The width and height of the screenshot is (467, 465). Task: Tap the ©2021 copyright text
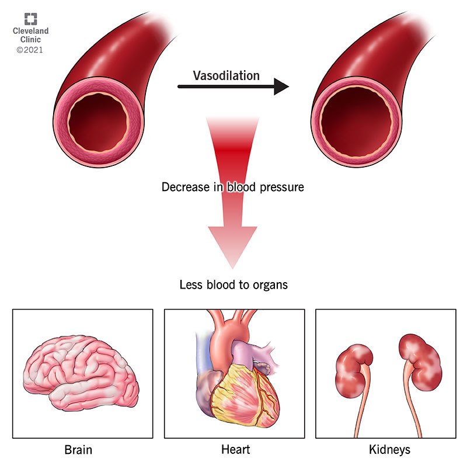pyautogui.click(x=29, y=50)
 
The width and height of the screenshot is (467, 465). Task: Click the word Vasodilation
pyautogui.click(x=226, y=76)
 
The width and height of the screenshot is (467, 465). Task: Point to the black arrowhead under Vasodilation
pyautogui.click(x=282, y=87)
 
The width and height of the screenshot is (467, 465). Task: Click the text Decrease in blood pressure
pyautogui.click(x=233, y=188)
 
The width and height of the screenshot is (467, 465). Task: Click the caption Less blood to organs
pyautogui.click(x=233, y=286)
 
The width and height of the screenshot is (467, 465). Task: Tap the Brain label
pyautogui.click(x=80, y=450)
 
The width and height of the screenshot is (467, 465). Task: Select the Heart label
pyautogui.click(x=235, y=450)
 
